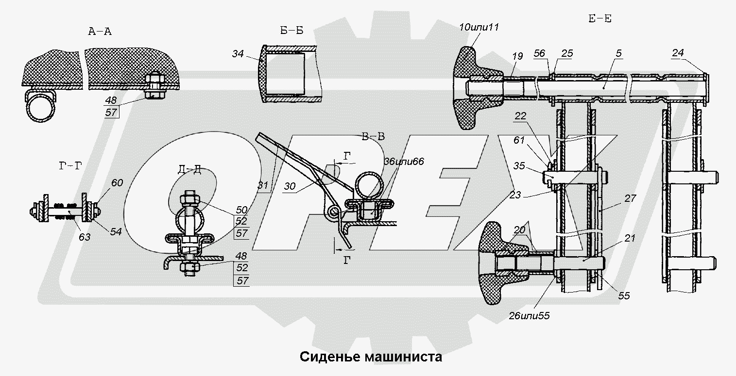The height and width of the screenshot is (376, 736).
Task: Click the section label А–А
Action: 100,32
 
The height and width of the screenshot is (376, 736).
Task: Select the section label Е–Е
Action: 599,19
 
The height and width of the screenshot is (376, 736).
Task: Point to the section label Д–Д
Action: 189,169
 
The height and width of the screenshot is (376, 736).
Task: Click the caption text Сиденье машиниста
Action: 371,358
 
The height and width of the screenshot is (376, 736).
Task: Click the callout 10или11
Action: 479,27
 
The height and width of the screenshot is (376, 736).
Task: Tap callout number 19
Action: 517,57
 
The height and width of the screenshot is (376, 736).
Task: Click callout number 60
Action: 117,183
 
